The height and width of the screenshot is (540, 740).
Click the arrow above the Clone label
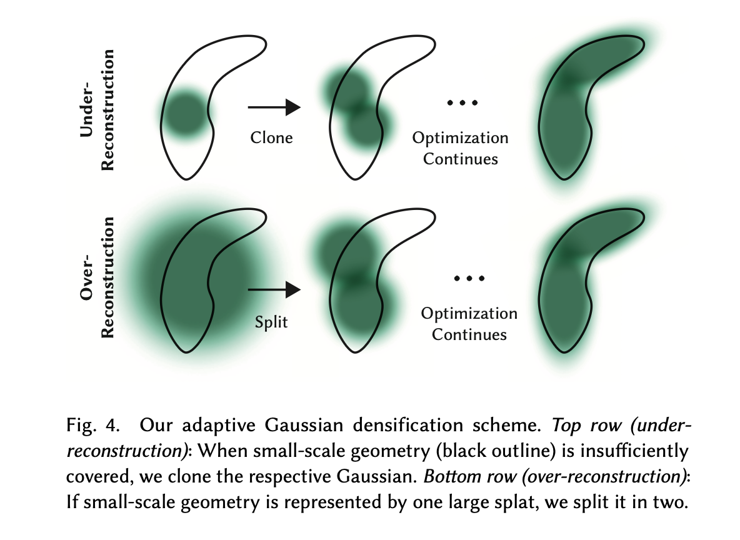pos(274,107)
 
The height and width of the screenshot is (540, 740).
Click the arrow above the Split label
pos(274,289)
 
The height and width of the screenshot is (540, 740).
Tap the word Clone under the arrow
pos(271,137)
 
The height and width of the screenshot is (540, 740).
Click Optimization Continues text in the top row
pos(461,148)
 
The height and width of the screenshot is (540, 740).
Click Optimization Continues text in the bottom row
pos(469,324)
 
